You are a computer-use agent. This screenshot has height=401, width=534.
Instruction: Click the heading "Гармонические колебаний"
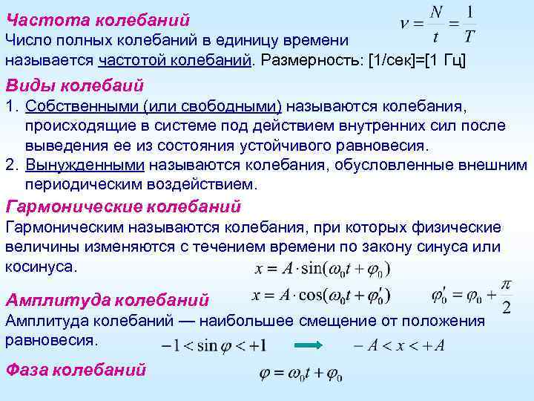click(x=123, y=206)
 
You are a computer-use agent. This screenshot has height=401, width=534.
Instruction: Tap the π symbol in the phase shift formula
click(x=506, y=284)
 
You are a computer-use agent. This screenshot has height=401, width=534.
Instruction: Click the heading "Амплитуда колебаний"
click(x=107, y=300)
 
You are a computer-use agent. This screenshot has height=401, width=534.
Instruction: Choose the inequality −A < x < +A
click(x=399, y=345)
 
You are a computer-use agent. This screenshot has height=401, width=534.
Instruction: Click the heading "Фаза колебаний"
click(x=76, y=369)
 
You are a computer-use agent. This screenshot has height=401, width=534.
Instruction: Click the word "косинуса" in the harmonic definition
click(x=39, y=266)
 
